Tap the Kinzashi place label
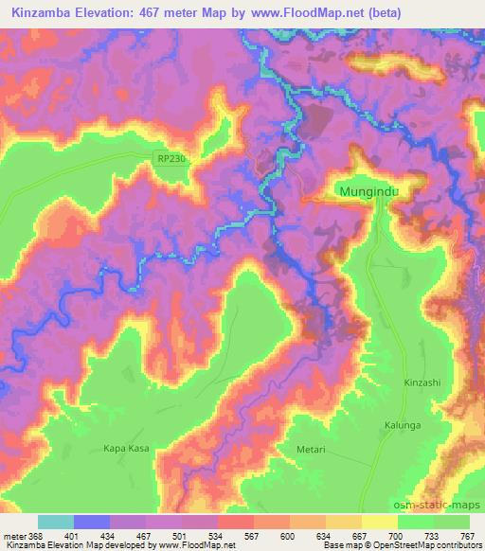[422, 382]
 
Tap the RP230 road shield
[171, 160]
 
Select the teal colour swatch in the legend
[56, 522]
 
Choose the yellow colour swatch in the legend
[380, 522]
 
